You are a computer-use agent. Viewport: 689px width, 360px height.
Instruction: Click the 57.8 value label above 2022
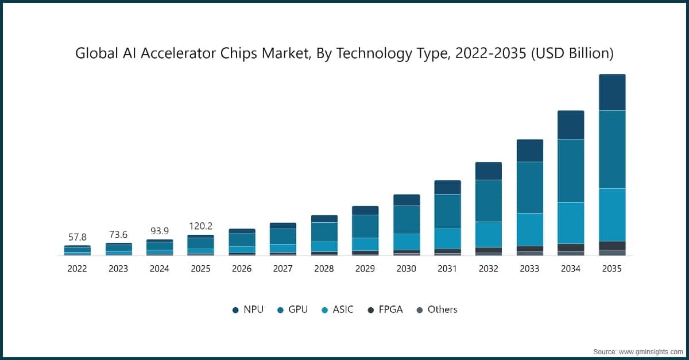(x=77, y=237)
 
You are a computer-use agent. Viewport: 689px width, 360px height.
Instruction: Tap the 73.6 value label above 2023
(x=118, y=234)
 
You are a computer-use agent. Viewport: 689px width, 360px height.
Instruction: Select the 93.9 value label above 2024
(x=159, y=231)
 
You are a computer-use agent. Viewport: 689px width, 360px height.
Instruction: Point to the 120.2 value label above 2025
(x=200, y=226)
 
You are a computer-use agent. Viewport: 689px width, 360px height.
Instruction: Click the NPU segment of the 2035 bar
(x=612, y=92)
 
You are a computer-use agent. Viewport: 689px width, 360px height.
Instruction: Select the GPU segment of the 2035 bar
(x=612, y=149)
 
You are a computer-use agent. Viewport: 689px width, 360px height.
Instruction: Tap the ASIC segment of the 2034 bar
(x=571, y=223)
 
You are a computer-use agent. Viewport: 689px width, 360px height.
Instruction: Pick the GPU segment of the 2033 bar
(x=529, y=187)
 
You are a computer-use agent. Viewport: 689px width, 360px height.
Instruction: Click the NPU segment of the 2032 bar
(x=488, y=171)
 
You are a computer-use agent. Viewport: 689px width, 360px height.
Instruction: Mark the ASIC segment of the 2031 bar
(x=447, y=239)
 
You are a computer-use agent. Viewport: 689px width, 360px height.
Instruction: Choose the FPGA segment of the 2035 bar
(x=612, y=245)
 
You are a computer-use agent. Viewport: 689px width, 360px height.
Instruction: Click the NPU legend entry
(x=247, y=309)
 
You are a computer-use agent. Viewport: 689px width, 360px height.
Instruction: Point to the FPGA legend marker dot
(x=371, y=310)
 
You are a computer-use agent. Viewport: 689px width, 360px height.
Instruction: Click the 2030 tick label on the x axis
(x=407, y=269)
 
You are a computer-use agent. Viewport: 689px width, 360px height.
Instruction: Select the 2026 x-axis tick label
(x=242, y=269)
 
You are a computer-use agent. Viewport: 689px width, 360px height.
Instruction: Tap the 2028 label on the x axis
(x=324, y=269)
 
